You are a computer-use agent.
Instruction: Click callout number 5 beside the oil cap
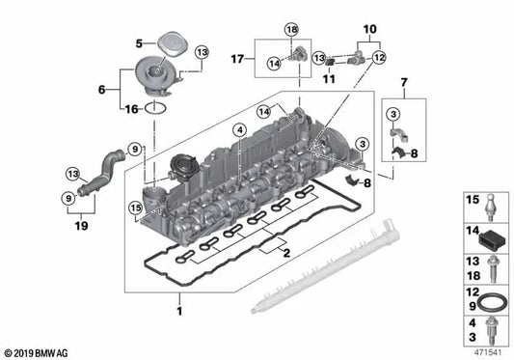tap(138, 42)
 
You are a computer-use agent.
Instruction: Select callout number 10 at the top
tap(367, 29)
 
